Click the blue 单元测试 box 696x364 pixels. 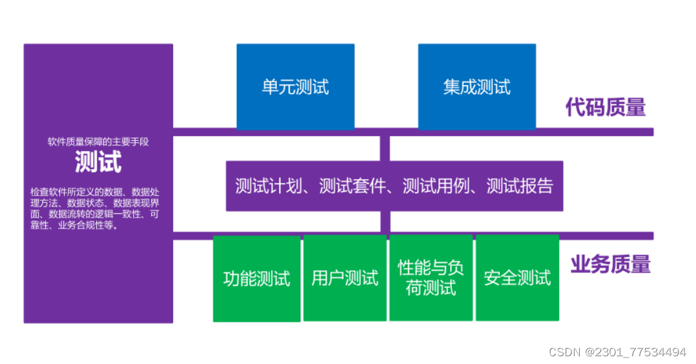[x=295, y=86]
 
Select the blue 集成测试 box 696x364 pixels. [x=476, y=86]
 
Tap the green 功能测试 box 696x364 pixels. [x=256, y=278]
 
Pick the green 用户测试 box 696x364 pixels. [x=345, y=278]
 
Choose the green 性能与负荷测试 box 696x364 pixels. [x=431, y=278]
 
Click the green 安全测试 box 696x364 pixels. [x=517, y=278]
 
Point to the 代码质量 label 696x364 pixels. [x=606, y=107]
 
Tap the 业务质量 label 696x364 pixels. [x=610, y=264]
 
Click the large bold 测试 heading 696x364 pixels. [x=98, y=161]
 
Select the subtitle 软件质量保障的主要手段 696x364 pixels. [x=98, y=141]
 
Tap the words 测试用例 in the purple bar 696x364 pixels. [x=435, y=187]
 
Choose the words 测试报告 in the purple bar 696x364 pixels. [x=520, y=187]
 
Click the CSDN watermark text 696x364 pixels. [x=564, y=352]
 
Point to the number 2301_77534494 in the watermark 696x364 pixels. [x=645, y=352]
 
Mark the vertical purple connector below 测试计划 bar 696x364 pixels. [x=385, y=221]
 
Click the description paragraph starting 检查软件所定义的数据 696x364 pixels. [x=94, y=208]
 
